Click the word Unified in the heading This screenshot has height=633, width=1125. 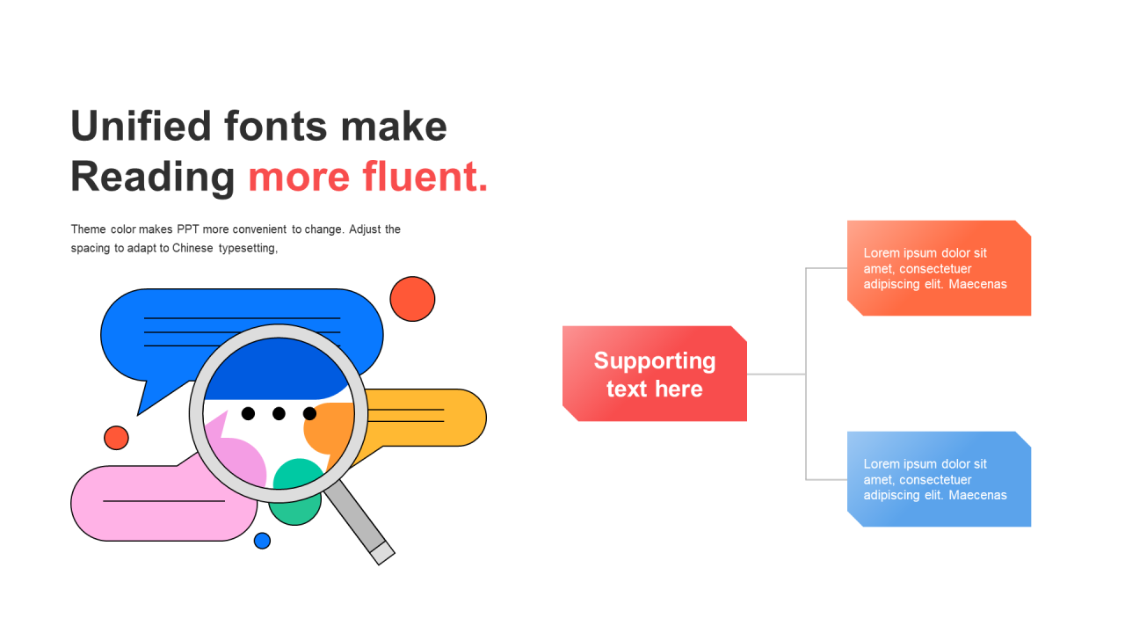click(141, 126)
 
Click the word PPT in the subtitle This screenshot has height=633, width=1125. click(188, 229)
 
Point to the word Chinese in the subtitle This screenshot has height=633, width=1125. click(192, 248)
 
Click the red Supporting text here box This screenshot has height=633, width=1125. click(655, 374)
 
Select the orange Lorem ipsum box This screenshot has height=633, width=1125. click(940, 268)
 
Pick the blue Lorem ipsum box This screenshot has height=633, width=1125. click(940, 479)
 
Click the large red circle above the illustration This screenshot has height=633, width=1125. click(412, 299)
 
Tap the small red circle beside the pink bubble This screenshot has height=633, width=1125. click(116, 438)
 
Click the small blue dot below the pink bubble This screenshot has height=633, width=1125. click(262, 541)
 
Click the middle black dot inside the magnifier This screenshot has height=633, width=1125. click(279, 413)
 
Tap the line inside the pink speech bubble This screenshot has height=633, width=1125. click(163, 501)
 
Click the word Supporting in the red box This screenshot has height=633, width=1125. click(655, 361)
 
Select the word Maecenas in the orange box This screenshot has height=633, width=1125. click(978, 284)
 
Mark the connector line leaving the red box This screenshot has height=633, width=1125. click(776, 374)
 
